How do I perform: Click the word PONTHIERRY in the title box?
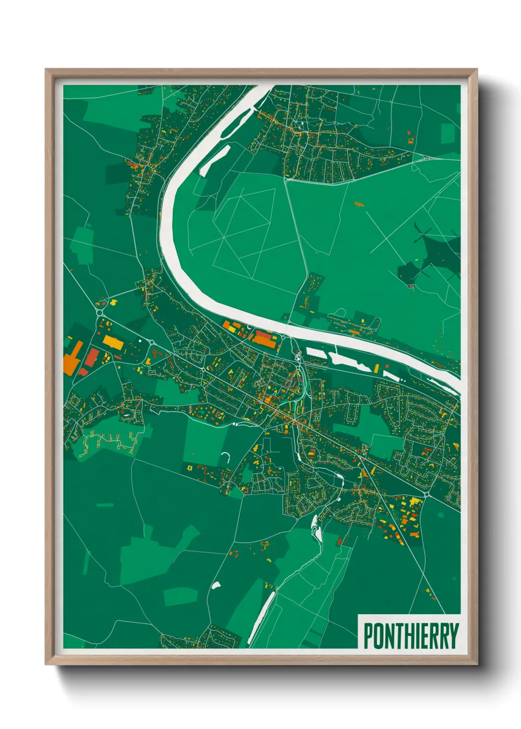[x=411, y=636]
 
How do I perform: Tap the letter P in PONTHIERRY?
[x=368, y=636]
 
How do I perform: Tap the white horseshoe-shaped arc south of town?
[x=226, y=457]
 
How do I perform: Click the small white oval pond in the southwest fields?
[x=216, y=585]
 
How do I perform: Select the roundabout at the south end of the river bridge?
[x=297, y=354]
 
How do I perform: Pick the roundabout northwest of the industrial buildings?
[x=99, y=312]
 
